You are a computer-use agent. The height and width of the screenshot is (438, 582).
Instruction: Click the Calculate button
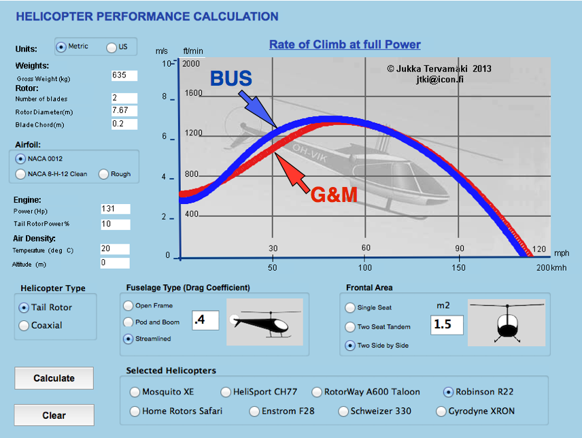point(54,378)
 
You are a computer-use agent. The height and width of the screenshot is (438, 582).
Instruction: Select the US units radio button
point(112,47)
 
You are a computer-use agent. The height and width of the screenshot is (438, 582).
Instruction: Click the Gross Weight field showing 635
point(124,75)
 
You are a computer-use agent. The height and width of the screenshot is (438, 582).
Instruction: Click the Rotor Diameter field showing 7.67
point(124,111)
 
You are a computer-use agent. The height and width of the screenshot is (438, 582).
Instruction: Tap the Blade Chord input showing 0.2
point(124,124)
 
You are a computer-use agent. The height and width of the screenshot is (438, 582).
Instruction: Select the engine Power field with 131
point(114,209)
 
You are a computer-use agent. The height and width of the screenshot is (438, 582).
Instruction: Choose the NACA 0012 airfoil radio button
point(20,158)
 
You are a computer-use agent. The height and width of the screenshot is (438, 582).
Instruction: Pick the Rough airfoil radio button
point(104,174)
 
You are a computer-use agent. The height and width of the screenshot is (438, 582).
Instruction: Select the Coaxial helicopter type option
point(24,325)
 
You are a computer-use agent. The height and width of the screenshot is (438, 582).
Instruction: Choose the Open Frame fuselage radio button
point(129,306)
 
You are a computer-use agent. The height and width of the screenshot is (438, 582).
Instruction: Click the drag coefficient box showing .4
point(205,320)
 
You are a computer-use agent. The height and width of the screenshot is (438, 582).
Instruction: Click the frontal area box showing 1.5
point(447,324)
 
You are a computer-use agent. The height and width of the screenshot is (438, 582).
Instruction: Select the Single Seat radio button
point(351,308)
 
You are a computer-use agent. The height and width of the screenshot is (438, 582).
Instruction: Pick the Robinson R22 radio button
point(448,392)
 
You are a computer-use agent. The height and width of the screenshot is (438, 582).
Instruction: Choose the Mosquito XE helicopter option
point(135,392)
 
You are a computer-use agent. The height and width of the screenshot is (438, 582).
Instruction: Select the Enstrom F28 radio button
point(254,411)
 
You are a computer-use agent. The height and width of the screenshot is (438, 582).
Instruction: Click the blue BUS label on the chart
point(230,80)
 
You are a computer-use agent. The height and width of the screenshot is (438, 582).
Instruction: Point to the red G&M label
point(334,195)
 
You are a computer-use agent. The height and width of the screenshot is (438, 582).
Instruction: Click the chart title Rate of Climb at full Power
point(345,45)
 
